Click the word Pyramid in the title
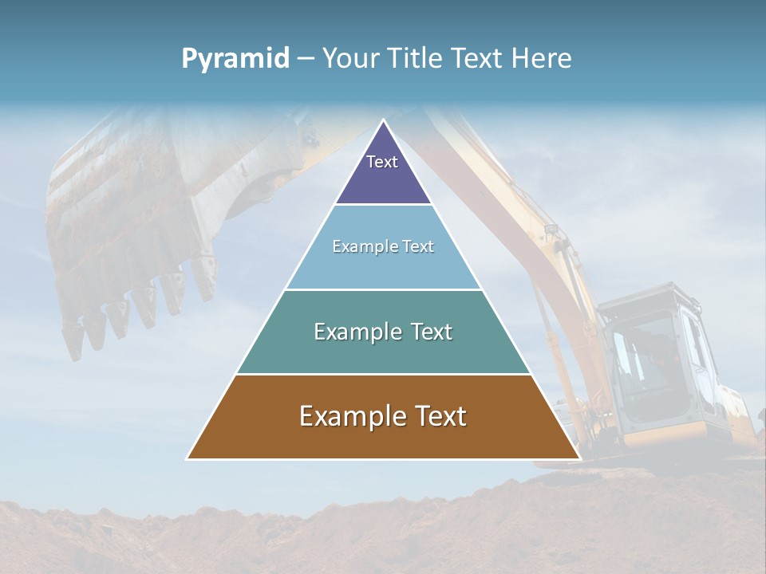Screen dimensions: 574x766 point(235,59)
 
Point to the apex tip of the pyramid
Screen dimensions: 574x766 point(383,121)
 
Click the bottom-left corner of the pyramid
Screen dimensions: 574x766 point(188,458)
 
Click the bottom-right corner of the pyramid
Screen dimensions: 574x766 point(578,458)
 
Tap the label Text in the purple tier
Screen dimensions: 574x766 point(382,162)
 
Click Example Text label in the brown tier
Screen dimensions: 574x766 point(383,416)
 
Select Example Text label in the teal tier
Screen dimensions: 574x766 point(383,332)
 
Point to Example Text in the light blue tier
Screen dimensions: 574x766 point(383,246)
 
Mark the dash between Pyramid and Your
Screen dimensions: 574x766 point(306,59)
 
